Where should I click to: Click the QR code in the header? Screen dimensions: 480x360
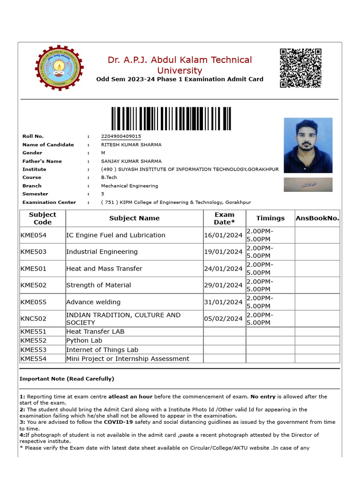click(x=300, y=68)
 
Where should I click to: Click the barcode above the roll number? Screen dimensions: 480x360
click(x=171, y=119)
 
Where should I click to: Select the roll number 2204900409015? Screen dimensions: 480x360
click(x=121, y=136)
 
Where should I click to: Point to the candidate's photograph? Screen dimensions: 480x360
click(x=308, y=145)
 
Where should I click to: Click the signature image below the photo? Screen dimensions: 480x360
click(x=308, y=185)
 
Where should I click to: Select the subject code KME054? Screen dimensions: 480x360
click(x=34, y=235)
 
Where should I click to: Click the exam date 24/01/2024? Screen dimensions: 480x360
click(x=223, y=269)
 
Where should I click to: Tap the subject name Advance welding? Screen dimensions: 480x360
click(x=93, y=302)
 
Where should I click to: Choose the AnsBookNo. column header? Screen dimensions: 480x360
click(x=317, y=218)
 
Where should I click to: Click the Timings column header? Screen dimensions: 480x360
click(x=270, y=218)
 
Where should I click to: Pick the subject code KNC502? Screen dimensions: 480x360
click(x=34, y=319)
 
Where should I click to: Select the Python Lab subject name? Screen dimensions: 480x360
click(x=84, y=340)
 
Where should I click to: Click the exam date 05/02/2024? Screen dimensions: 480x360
click(x=223, y=319)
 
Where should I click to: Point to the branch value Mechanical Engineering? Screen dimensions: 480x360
click(x=129, y=186)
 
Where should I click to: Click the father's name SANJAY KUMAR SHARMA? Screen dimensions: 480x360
click(x=131, y=161)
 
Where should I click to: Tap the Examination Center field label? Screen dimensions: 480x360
click(x=49, y=202)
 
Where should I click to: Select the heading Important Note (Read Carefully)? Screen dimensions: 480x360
click(x=67, y=379)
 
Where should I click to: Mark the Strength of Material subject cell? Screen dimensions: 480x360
click(x=99, y=285)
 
